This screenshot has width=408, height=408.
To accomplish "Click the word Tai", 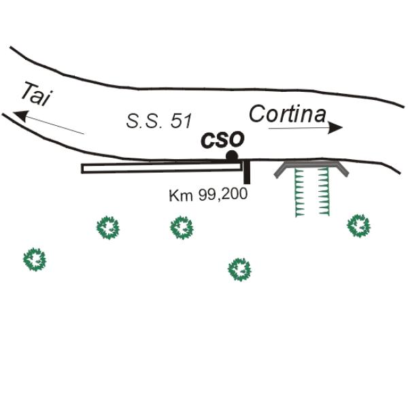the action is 37,95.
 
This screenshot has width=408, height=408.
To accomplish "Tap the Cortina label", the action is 288,114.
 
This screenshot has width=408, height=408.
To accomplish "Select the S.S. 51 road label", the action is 159,121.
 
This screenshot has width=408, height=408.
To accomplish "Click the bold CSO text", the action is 222,139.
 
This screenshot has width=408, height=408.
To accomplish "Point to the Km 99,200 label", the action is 208,194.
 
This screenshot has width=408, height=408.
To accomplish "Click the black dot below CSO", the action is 232,156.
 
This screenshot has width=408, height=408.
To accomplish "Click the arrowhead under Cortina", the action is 335,128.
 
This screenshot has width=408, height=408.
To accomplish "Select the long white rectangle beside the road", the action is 161,168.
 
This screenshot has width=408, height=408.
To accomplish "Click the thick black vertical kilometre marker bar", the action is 247,172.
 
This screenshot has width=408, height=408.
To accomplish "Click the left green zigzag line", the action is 300,192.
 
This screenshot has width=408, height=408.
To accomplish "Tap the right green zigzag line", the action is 324,192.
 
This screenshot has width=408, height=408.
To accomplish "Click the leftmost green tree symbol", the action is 35,260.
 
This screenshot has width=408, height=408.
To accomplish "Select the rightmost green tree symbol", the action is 359,226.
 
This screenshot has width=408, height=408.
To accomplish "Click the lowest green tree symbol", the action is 239,269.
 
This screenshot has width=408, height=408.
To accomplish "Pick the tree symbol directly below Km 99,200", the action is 182,228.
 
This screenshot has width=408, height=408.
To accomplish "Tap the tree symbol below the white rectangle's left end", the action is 108,228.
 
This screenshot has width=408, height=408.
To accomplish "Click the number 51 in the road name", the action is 182,121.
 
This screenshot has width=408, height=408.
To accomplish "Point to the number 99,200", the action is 223,194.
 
